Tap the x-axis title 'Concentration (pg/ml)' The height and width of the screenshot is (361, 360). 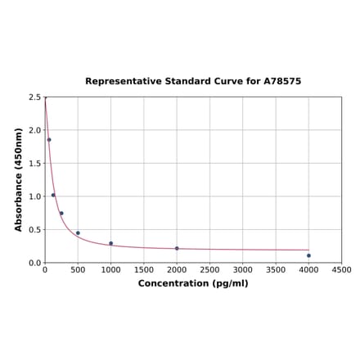[x=193, y=283]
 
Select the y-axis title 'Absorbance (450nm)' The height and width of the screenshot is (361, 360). [x=19, y=179]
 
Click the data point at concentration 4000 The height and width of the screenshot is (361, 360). [x=308, y=255]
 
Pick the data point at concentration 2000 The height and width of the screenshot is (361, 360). [x=177, y=248]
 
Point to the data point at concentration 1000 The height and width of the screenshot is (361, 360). [x=111, y=243]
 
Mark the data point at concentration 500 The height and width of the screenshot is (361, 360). [x=78, y=233]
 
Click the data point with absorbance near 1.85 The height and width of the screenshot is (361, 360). [x=49, y=140]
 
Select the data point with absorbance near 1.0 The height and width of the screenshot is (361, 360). [x=53, y=195]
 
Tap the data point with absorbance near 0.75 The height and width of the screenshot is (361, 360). [x=61, y=214]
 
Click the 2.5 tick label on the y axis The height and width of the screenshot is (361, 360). [x=34, y=97]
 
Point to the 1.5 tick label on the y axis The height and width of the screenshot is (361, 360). [x=34, y=164]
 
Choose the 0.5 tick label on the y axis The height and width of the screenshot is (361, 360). [x=34, y=230]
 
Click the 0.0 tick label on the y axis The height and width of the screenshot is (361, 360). [x=34, y=263]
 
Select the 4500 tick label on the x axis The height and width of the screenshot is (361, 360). [x=342, y=270]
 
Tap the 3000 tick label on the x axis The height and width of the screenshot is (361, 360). [x=243, y=270]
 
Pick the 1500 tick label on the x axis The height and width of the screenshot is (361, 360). [x=144, y=270]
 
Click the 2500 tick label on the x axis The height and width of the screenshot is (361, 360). [x=209, y=270]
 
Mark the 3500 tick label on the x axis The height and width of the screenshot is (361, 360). [x=276, y=270]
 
